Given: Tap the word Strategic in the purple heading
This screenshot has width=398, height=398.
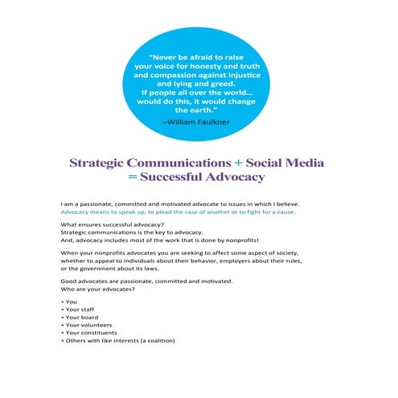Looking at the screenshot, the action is tap(101, 162).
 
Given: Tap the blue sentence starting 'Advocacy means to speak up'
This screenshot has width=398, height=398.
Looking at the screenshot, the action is tap(178, 212).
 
